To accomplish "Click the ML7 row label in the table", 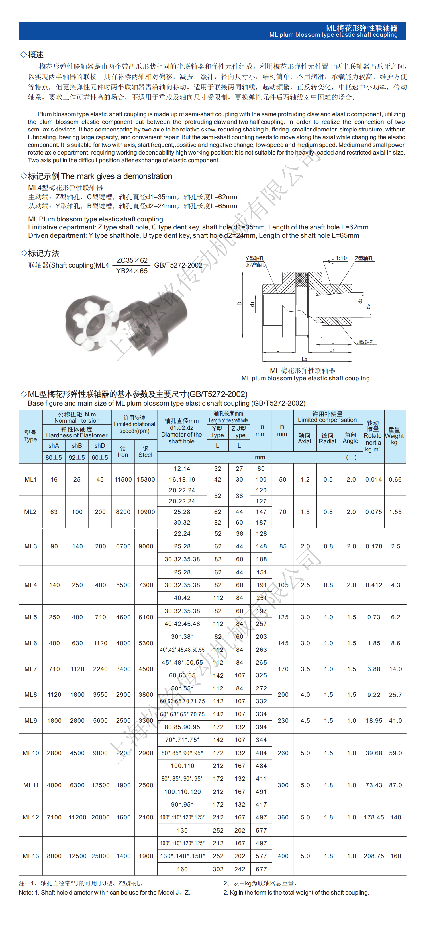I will (x=31, y=669).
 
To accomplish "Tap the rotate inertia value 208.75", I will (x=373, y=856).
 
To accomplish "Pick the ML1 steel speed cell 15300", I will (x=146, y=480).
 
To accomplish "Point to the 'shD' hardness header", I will (x=100, y=446).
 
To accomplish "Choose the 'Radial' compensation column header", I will (x=327, y=438).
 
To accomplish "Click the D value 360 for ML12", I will (x=283, y=817).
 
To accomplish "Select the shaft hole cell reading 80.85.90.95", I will (x=182, y=727).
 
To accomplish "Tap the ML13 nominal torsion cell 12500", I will (x=77, y=856).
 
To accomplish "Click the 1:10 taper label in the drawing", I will (x=341, y=258).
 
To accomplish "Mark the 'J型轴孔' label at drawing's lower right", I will (x=366, y=342).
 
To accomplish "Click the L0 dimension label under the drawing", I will (x=304, y=359).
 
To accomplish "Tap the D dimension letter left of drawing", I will (x=239, y=303).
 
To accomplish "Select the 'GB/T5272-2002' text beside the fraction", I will (x=178, y=265).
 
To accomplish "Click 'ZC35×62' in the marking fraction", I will (x=132, y=260).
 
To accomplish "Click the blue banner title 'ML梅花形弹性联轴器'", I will (x=361, y=28).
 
